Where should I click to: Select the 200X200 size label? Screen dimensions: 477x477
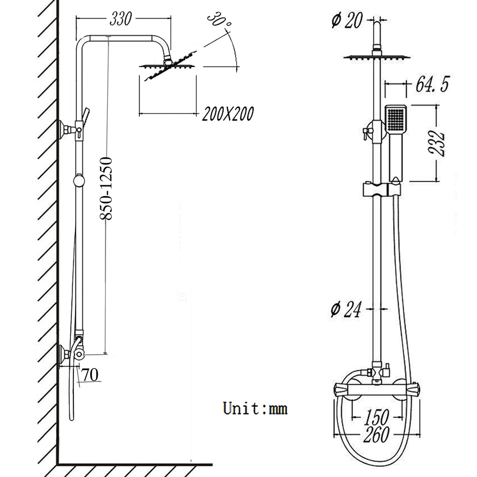227,114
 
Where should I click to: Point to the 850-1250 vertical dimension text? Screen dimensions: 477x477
106,189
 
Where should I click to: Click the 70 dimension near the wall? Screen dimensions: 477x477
90,375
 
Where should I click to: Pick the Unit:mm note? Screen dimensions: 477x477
255,408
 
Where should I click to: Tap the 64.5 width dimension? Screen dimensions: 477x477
432,85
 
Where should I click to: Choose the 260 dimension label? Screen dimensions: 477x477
376,435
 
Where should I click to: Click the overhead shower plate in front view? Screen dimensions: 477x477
377,57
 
